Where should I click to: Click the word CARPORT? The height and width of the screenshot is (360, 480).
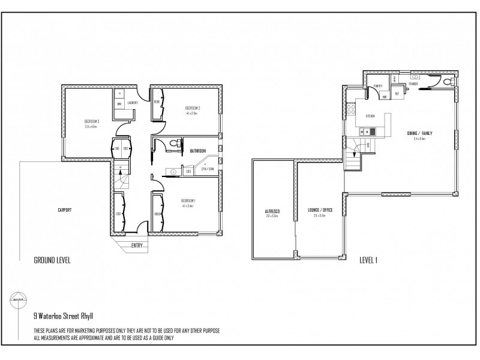pos(65,209)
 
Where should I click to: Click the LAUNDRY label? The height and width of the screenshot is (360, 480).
pos(133,103)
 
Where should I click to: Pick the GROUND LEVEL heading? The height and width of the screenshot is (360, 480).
pos(53,260)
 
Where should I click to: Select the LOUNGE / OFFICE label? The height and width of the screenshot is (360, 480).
pos(319,210)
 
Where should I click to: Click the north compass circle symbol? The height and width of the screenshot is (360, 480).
pos(17,297)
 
